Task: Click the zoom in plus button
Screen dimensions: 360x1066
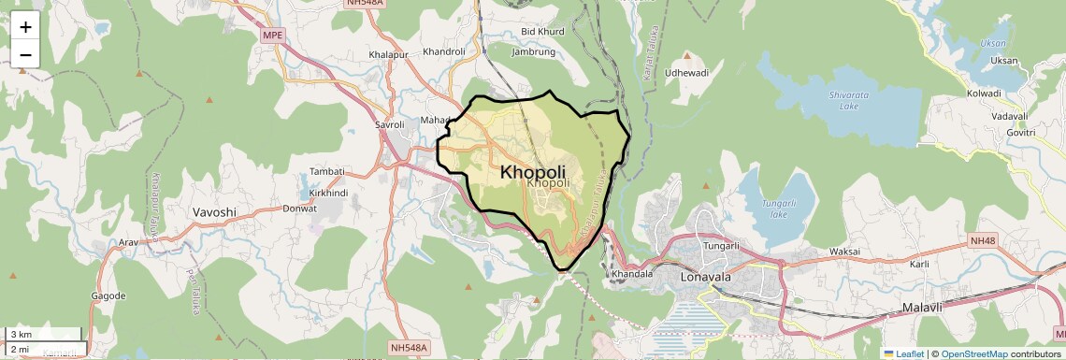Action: [x=25, y=27]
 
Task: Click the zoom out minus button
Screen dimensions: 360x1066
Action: [x=25, y=54]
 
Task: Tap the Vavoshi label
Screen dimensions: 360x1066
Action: [x=214, y=211]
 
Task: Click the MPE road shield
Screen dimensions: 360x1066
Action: [x=273, y=36]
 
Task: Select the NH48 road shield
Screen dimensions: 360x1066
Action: [x=984, y=240]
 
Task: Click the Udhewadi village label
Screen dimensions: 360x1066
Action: [x=686, y=72]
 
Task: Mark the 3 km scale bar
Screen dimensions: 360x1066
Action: [x=45, y=334]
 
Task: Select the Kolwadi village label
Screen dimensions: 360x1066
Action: [x=984, y=94]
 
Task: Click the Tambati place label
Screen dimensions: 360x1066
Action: [x=327, y=171]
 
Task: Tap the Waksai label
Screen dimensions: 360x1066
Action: [x=845, y=252]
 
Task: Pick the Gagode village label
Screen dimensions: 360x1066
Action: [x=108, y=295]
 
